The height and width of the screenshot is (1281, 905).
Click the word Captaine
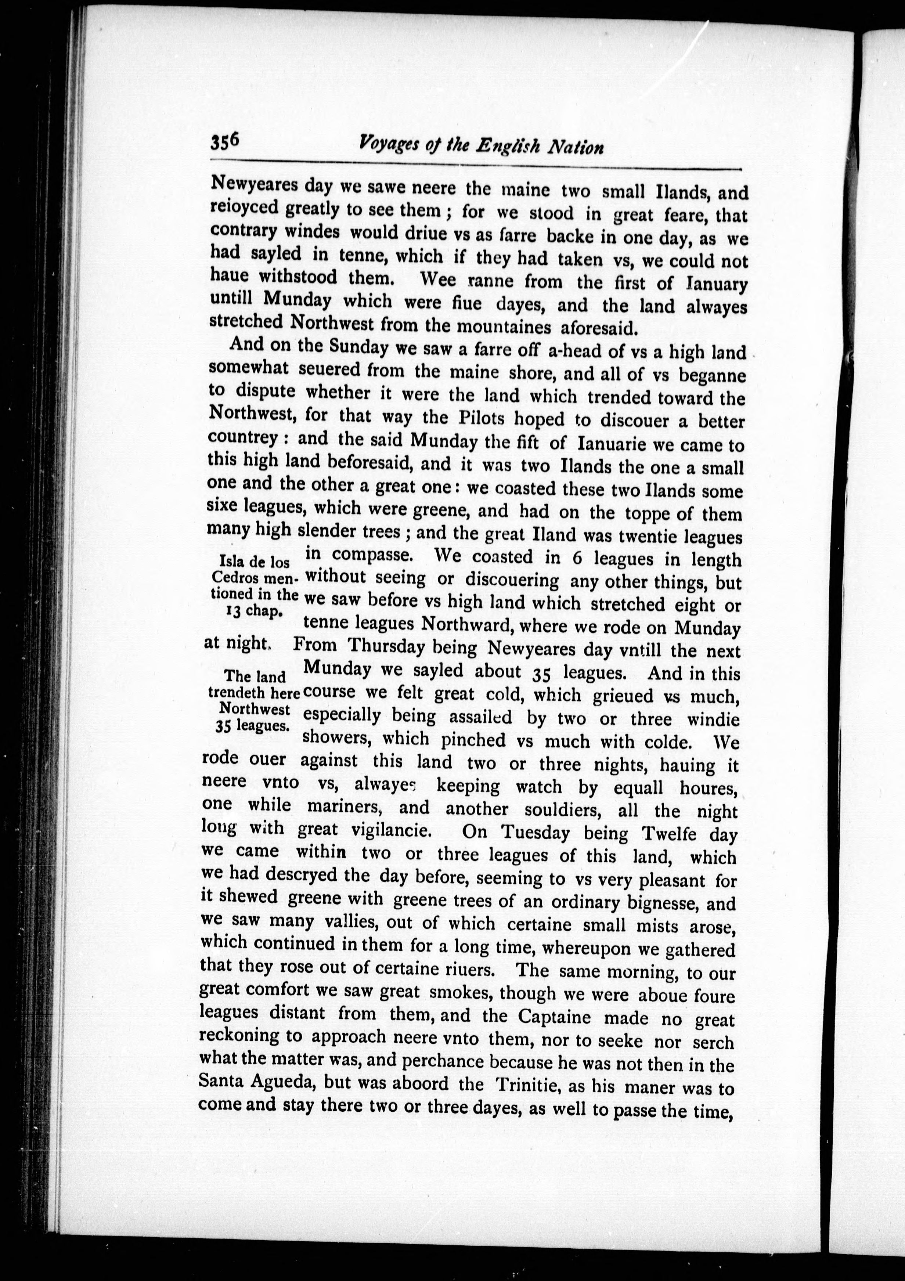click(554, 1016)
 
